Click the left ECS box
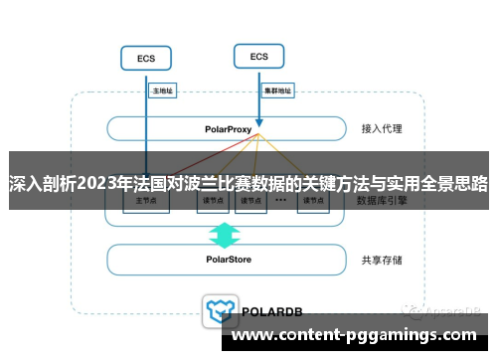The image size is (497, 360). click(x=146, y=59)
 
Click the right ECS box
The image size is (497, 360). click(x=258, y=57)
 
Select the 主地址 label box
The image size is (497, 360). click(x=162, y=90)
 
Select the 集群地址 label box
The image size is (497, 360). click(x=277, y=90)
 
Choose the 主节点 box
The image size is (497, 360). click(x=145, y=200)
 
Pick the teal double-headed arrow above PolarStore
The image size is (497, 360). click(x=225, y=235)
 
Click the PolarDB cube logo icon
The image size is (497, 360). click(x=217, y=310)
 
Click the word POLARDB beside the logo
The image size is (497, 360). click(x=271, y=311)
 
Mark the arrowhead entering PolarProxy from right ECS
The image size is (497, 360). click(x=259, y=118)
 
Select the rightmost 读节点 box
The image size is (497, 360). click(x=313, y=200)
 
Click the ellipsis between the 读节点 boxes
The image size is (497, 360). click(x=281, y=200)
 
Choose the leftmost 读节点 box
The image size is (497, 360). click(x=210, y=200)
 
